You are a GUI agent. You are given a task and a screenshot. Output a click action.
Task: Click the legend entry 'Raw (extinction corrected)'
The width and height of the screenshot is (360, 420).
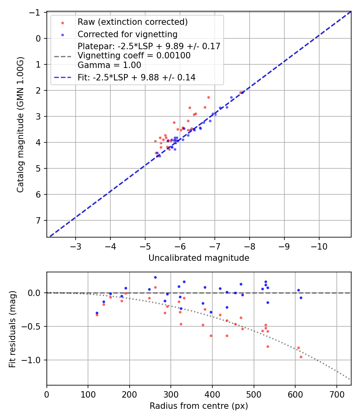click(x=132, y=22)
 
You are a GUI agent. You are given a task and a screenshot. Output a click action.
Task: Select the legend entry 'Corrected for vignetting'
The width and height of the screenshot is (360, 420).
click(x=127, y=34)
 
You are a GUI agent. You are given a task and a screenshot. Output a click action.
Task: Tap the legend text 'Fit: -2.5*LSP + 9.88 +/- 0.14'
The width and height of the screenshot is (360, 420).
click(x=136, y=78)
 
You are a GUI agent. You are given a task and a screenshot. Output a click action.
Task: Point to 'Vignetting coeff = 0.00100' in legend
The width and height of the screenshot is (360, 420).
click(x=134, y=56)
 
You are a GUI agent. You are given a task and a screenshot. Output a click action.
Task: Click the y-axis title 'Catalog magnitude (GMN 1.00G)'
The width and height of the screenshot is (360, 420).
click(x=20, y=125)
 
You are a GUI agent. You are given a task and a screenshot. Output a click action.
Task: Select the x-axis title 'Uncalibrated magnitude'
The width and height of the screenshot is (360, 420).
click(x=199, y=258)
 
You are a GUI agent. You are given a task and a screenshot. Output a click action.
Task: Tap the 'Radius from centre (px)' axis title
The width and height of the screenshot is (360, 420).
click(x=199, y=406)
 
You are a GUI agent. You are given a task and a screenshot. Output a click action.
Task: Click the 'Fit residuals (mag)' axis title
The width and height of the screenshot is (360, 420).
click(x=12, y=329)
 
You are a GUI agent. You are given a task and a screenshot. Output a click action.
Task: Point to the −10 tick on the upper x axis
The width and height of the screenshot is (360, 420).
click(x=319, y=245)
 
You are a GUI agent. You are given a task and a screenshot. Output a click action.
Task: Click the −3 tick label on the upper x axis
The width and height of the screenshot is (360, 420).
click(x=76, y=245)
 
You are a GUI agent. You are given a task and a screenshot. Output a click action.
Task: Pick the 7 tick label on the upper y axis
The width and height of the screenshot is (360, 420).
click(x=38, y=220)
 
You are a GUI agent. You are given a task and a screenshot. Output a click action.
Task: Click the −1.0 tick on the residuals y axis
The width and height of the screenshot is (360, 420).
click(x=34, y=360)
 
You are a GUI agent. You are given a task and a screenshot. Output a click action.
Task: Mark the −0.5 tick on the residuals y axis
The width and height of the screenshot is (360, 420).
click(x=34, y=326)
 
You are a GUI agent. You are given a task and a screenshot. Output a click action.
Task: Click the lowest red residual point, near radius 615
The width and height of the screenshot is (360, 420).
click(x=301, y=357)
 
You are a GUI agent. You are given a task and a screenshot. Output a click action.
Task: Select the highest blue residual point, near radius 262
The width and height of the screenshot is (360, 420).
click(x=155, y=277)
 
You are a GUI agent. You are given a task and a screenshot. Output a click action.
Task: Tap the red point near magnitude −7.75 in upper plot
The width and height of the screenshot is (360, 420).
click(x=240, y=92)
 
